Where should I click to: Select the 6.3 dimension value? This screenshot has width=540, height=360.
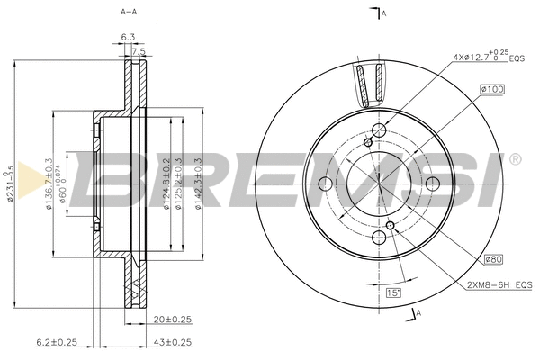(x=128, y=37)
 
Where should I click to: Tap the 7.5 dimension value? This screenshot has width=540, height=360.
(x=138, y=52)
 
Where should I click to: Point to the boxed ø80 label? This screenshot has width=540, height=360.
(x=492, y=260)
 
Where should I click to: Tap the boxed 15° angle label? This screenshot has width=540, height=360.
(x=393, y=293)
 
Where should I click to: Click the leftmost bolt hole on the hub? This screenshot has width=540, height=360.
(x=328, y=184)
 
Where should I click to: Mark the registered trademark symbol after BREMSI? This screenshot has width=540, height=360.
(x=515, y=160)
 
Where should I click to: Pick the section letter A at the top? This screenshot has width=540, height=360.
(x=383, y=13)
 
